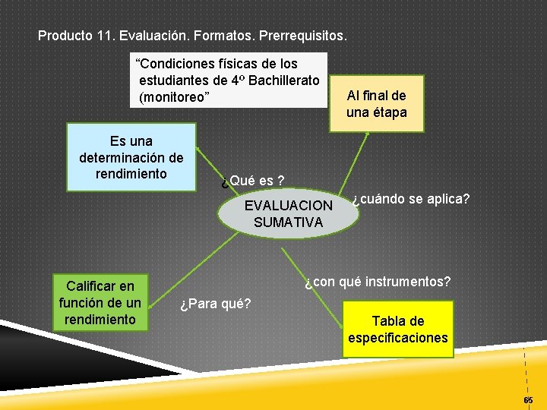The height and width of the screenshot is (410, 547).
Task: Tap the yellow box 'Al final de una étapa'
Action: pos(376,104)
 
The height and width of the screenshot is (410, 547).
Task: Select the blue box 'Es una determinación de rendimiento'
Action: pos(131,157)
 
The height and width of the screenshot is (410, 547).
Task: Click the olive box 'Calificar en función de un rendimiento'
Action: pos(100,303)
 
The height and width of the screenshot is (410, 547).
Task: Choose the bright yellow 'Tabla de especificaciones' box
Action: pos(397,329)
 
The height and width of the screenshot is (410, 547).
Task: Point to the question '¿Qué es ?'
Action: pos(252,181)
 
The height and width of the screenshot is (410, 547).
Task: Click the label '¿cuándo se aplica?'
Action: pos(410,199)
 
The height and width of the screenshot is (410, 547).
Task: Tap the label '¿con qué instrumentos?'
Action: pos(378,282)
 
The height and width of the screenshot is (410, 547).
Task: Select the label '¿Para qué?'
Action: pos(215,305)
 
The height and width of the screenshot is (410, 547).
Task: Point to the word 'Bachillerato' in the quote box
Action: pos(283,80)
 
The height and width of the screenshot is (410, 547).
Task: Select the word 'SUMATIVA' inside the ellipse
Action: pos(288,222)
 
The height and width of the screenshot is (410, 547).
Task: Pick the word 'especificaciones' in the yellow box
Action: pos(397,338)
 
